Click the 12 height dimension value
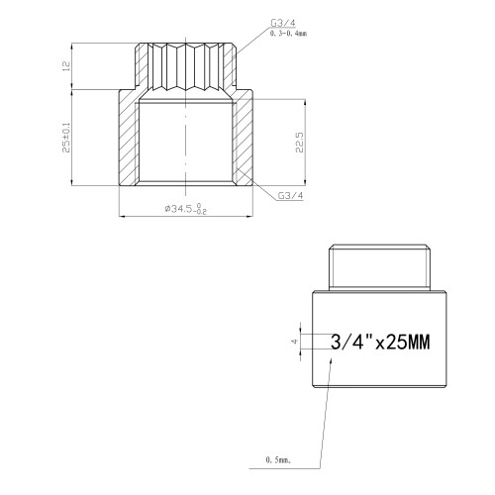(66, 66)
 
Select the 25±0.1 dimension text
(66, 138)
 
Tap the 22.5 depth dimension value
(299, 143)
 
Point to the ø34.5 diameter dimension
(186, 209)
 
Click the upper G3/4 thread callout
(283, 23)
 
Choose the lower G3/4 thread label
(290, 195)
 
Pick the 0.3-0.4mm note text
(288, 34)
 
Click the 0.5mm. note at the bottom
(278, 459)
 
